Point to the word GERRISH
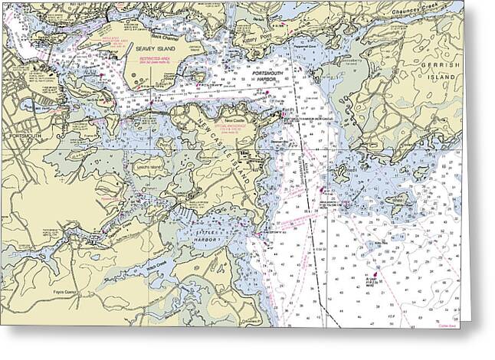(x=441, y=67)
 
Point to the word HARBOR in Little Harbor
(x=205, y=240)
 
